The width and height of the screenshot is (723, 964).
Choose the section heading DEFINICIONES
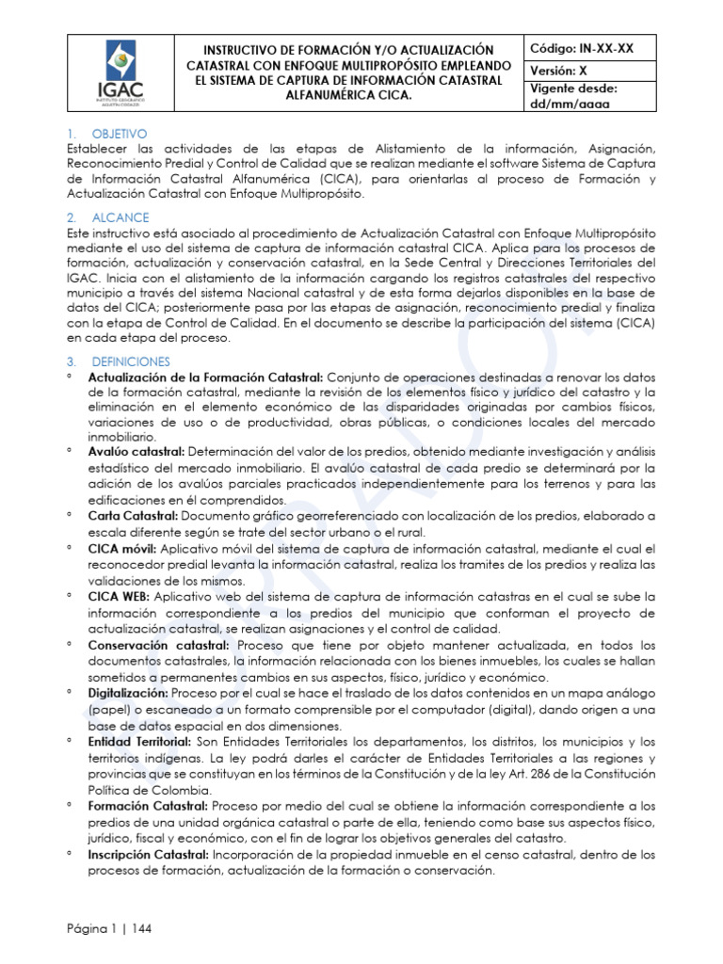coord(130,361)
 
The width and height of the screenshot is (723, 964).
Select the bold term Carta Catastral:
coord(132,516)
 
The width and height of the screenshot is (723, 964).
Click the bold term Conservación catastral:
coord(158,645)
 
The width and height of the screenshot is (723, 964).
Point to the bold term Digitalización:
coord(132,693)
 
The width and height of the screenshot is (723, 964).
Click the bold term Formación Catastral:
coord(149,806)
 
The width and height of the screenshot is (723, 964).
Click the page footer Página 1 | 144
coord(109,928)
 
